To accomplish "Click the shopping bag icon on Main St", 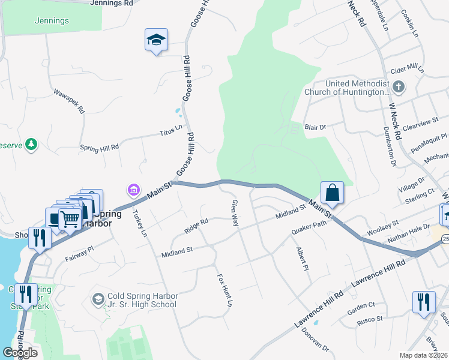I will click(332, 193).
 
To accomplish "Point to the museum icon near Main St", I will click(133, 191).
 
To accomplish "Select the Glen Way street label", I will click(235, 212).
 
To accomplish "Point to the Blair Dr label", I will click(315, 127).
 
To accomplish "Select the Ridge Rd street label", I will click(196, 226).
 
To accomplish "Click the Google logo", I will click(20, 352).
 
